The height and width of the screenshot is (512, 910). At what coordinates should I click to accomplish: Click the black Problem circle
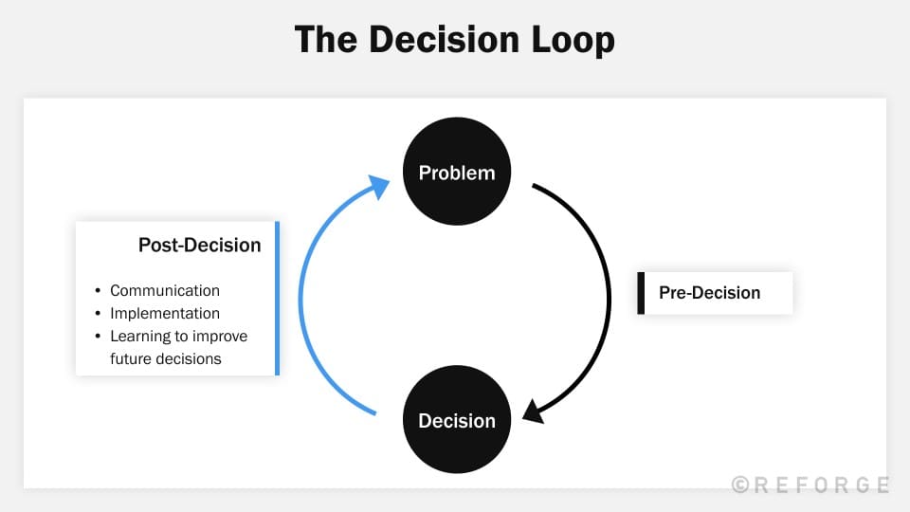point(457,173)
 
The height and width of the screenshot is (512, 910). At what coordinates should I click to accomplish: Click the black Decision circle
point(457,420)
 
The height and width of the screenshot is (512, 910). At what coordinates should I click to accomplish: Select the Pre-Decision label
point(709,293)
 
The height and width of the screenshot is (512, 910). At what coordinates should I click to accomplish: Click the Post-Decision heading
point(199,246)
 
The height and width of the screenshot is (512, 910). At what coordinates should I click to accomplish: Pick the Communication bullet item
point(165,291)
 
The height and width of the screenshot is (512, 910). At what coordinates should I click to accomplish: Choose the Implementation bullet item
point(165,314)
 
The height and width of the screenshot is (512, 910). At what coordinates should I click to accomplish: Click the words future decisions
point(165,359)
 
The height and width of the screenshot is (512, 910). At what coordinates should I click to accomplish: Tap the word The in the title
point(326,40)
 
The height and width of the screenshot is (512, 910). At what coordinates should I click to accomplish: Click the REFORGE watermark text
point(821,485)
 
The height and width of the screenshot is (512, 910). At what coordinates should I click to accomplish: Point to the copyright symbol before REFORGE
point(740,485)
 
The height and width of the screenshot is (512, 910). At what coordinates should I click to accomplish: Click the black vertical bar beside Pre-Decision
point(641,293)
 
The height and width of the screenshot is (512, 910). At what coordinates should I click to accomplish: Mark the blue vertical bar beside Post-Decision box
point(277,299)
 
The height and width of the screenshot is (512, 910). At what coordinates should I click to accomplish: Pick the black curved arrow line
point(607,294)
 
